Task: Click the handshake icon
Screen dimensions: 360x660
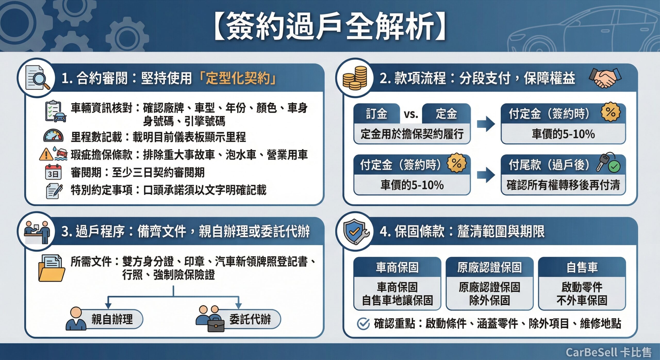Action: point(605,78)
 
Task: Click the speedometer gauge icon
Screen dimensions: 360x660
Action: point(53,136)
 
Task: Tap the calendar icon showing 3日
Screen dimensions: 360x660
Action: point(53,172)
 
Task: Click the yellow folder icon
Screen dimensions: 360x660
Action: point(52,268)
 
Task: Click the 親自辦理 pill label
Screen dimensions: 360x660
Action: point(112,319)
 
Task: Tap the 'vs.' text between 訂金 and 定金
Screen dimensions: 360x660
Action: point(411,114)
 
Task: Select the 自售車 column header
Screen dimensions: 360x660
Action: point(582,267)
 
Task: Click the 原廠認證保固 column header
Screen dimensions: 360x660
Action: point(489,267)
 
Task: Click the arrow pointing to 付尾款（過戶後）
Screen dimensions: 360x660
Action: point(486,175)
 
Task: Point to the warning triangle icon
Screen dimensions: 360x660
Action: point(46,154)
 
